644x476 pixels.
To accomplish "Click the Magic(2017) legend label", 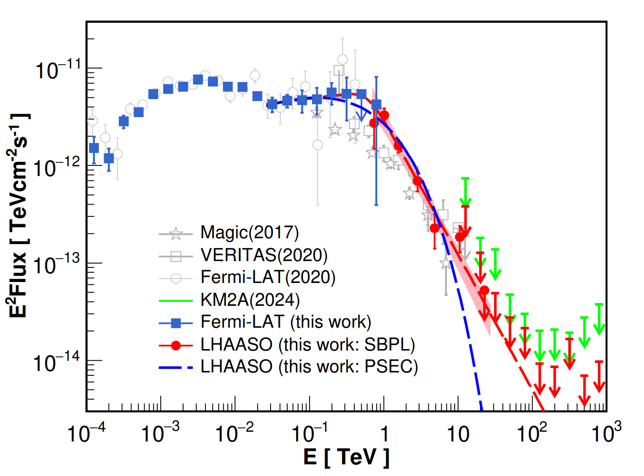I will pos(250,232).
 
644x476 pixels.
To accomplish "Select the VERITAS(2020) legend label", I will pos(264,255).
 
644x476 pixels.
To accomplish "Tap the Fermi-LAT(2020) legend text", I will pos(268,277).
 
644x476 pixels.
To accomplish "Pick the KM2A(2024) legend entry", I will pos(250,300).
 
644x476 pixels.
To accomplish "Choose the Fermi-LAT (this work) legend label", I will pos(286,322).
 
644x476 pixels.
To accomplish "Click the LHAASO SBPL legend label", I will pos(308,344).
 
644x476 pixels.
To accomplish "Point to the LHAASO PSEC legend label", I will pos(309,367).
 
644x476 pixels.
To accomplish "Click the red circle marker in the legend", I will pos(176,345).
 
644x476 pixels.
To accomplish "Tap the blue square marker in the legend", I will pos(176,322).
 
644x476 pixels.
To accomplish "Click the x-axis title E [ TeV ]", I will pos(346,457).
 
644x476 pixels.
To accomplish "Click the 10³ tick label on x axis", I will pos(607,433).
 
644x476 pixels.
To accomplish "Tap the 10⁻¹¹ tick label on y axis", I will pos(57,70).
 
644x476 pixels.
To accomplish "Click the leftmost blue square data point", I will pos(94,148).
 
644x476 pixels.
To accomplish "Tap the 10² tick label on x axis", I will pos(532,433).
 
